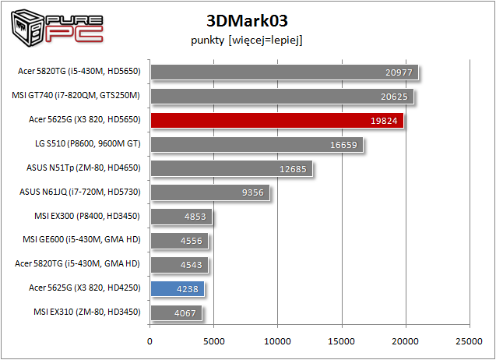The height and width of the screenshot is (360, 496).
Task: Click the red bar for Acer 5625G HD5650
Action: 276,121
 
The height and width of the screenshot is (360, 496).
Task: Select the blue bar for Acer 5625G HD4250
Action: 177,289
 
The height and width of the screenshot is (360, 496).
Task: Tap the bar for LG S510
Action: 256,144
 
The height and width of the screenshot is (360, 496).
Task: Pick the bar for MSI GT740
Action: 281,97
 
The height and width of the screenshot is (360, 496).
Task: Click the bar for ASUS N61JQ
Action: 209,192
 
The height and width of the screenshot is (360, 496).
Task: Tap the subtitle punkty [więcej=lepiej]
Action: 246,40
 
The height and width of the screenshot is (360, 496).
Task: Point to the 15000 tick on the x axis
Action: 341,341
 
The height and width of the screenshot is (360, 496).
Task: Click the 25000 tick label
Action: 468,341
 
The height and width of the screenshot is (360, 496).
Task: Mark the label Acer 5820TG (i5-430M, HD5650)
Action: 79,71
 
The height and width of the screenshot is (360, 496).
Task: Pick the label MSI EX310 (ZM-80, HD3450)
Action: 87,312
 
